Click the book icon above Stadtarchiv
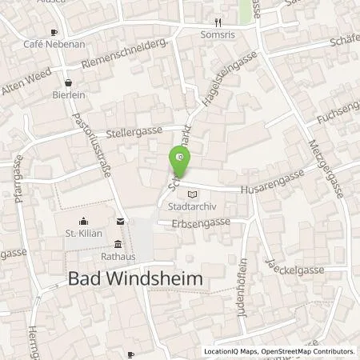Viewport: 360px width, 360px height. coord(190,194)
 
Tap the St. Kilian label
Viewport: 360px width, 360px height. coord(81,234)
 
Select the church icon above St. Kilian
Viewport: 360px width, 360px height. coord(82,222)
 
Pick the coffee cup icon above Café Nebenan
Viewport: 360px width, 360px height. coord(53,32)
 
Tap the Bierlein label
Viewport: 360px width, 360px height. coord(68,93)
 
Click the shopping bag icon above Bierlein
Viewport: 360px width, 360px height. coord(68,81)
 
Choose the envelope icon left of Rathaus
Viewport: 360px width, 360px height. coord(120,221)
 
